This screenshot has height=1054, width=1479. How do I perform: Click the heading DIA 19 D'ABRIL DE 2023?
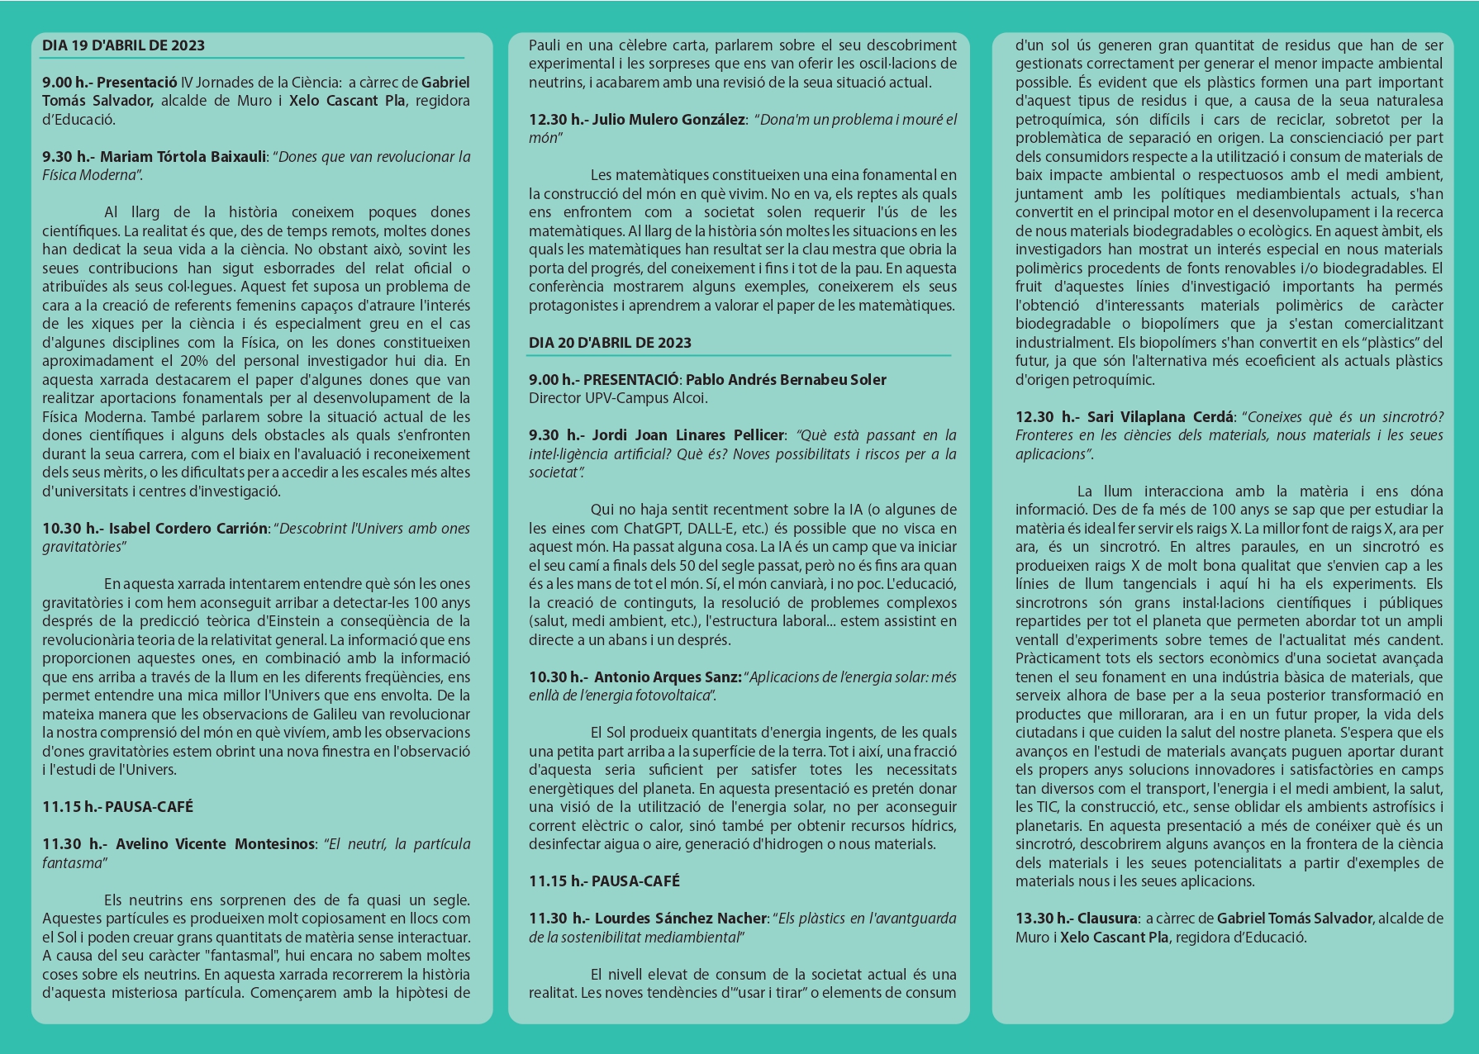[x=123, y=45]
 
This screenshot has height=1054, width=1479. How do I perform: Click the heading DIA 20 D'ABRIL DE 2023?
[x=610, y=343]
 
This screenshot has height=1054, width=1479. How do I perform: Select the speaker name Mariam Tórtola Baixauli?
[x=183, y=156]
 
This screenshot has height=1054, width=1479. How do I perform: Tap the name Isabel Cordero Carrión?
[x=188, y=528]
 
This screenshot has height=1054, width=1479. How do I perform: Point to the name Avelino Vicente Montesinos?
[x=216, y=843]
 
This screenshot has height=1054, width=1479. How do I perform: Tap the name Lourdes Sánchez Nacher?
[x=681, y=918]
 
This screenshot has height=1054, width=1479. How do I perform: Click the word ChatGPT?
[x=653, y=528]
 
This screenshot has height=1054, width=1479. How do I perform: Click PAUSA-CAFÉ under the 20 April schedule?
[x=635, y=881]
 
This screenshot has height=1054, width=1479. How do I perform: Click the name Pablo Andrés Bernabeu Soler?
[x=786, y=380]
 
